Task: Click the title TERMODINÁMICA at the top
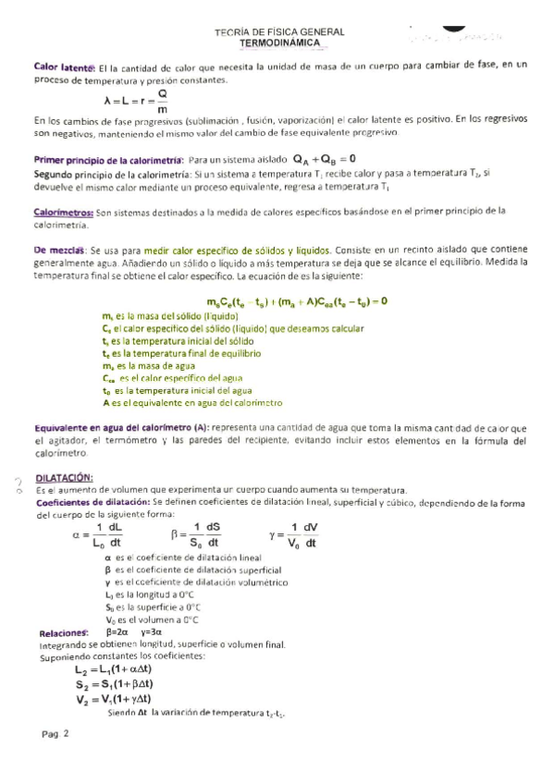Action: point(279,43)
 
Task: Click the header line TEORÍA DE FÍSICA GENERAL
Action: point(279,31)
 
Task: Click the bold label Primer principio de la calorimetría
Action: point(108,159)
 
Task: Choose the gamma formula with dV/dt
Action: point(293,535)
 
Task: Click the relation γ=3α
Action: point(152,632)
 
